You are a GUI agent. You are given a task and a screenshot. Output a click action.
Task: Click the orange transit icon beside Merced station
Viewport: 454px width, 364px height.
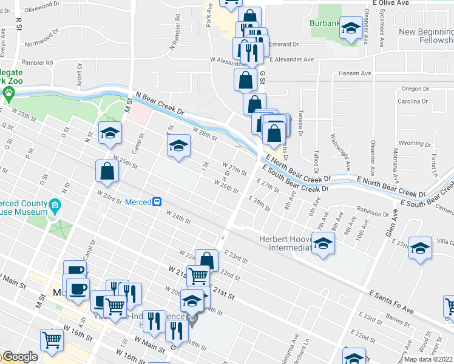[x=157, y=201]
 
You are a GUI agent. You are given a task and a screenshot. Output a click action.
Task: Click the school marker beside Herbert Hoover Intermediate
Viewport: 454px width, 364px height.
[x=323, y=244]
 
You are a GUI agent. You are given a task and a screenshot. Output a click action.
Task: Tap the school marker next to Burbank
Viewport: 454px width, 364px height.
[x=351, y=28]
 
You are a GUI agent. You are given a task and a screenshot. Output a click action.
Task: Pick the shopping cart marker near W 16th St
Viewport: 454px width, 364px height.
[x=52, y=339]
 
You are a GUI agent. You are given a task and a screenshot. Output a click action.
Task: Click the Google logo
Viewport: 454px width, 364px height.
[x=19, y=357]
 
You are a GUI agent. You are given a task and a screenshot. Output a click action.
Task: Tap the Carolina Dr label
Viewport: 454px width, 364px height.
[x=413, y=102]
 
